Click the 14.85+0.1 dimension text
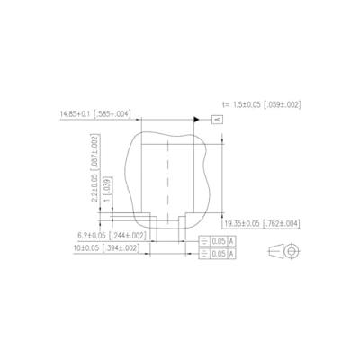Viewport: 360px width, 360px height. click(77, 114)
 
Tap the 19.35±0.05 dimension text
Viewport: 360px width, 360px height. click(242, 222)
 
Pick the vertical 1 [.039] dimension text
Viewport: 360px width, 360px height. click(106, 192)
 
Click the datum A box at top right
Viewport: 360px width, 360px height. click(217, 119)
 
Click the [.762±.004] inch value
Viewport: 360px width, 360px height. click(281, 222)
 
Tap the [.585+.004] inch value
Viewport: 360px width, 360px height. click(113, 114)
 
